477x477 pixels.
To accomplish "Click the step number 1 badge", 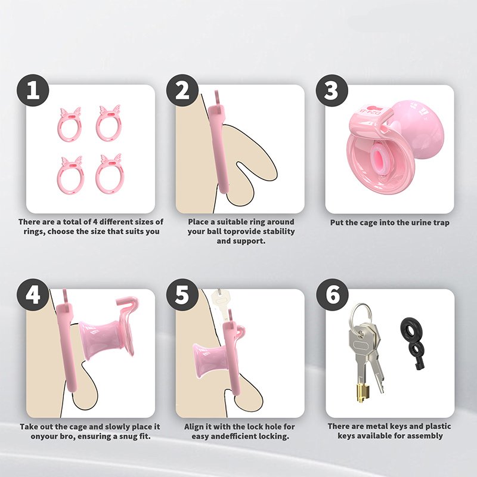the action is [33, 91].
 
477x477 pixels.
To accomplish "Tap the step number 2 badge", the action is [182, 91].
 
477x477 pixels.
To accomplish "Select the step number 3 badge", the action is [332, 91].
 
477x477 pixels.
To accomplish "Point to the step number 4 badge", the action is [33, 295].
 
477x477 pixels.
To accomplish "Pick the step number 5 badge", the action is [182, 295].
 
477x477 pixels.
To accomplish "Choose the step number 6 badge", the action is [332, 295].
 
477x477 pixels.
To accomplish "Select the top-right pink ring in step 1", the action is [98, 126].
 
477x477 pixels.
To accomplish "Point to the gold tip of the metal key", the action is [362, 392].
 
